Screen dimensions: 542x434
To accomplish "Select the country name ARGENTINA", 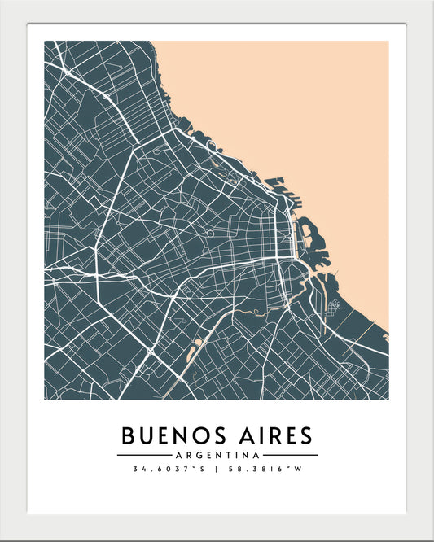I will (x=217, y=454).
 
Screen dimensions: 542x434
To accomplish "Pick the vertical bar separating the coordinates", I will (x=217, y=470).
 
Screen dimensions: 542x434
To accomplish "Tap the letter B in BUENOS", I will (x=130, y=435).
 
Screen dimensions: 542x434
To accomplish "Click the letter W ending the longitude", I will (x=298, y=470).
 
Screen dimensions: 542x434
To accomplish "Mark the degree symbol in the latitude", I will (x=192, y=468).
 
